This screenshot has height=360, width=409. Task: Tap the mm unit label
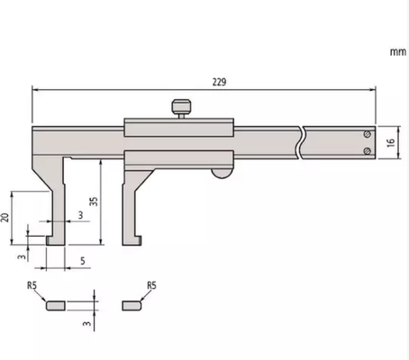(x=397, y=52)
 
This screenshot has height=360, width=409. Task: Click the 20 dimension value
(x=6, y=218)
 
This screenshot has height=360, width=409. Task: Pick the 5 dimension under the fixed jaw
(x=82, y=262)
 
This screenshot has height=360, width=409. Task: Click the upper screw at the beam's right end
(x=367, y=134)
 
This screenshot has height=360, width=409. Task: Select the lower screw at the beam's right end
(x=367, y=151)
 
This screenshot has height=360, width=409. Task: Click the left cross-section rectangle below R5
(x=55, y=305)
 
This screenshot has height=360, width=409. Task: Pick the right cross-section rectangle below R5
(x=132, y=305)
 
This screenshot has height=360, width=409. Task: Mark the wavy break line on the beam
(x=304, y=143)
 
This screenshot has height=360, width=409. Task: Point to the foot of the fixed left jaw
(x=56, y=238)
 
